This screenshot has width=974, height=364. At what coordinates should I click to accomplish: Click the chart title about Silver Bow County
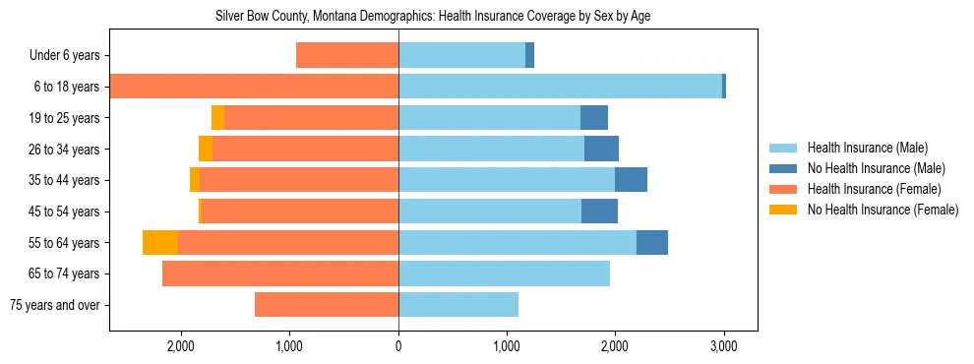point(433,16)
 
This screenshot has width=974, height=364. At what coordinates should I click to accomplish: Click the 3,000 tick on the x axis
point(724,346)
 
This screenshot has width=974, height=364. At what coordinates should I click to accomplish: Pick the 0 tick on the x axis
point(398,346)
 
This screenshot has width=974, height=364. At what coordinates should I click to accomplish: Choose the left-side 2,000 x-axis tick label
point(181,346)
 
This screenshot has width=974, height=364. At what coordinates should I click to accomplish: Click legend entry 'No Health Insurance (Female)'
point(883,210)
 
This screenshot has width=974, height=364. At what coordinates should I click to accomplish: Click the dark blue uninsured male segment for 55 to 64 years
point(652,242)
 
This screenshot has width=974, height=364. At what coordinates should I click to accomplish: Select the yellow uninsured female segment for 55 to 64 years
point(160,242)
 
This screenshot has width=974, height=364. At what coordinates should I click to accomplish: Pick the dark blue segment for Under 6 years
point(529,56)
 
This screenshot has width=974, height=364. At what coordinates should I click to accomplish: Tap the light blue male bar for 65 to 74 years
point(504,273)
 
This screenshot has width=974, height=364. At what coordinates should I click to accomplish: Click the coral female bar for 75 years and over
point(327,305)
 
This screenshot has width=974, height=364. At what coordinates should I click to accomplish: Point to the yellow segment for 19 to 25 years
point(217,118)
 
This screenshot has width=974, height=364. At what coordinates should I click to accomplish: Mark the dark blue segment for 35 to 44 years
point(631,180)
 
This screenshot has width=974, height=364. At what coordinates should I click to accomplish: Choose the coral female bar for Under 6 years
point(347,56)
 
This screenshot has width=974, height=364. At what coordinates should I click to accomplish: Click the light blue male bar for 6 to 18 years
point(560,87)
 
